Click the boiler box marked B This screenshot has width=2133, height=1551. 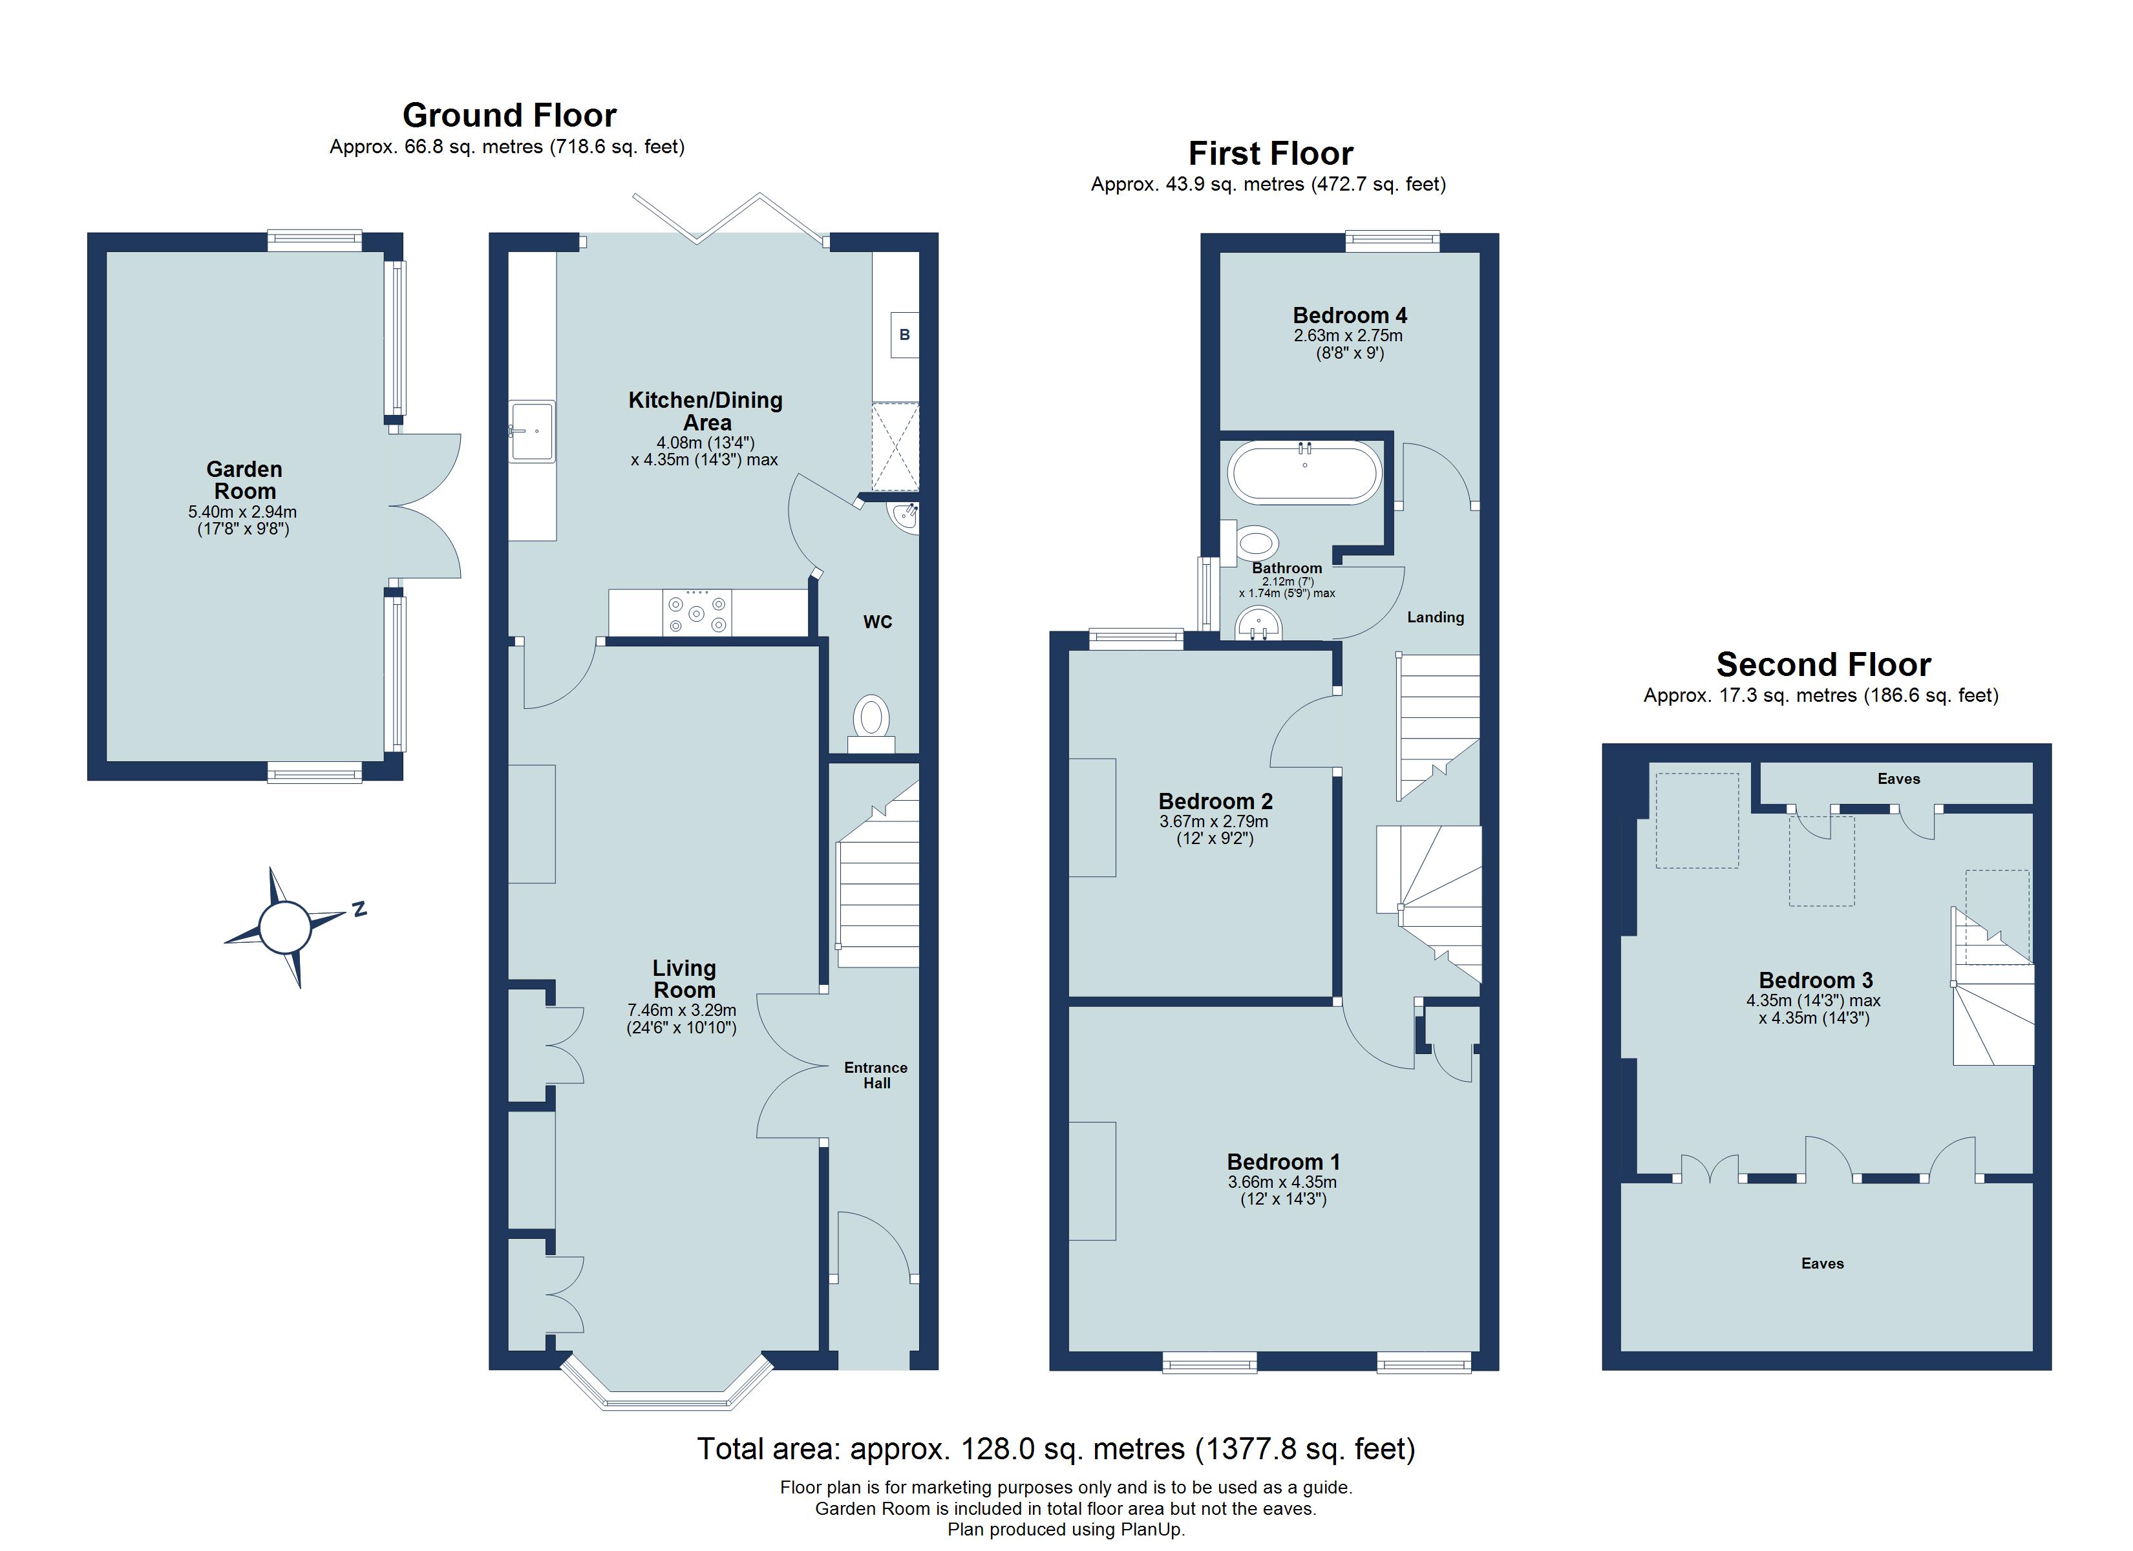pyautogui.click(x=904, y=335)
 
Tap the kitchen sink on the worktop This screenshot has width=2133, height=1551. pyautogui.click(x=533, y=432)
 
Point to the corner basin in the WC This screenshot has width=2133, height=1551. pyautogui.click(x=906, y=516)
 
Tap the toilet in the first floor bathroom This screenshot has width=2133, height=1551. pyautogui.click(x=1257, y=543)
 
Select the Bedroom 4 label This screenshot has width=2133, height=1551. pyautogui.click(x=1349, y=316)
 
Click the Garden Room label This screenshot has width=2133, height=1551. pyautogui.click(x=244, y=480)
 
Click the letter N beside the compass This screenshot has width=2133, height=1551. pyautogui.click(x=358, y=909)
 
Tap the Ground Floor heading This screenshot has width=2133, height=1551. pyautogui.click(x=509, y=116)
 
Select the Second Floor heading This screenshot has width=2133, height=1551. pyautogui.click(x=1823, y=665)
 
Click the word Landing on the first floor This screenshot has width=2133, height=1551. pyautogui.click(x=1434, y=618)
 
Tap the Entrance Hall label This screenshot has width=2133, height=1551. pyautogui.click(x=876, y=1075)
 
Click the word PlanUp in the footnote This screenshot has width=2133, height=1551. pyautogui.click(x=1152, y=1530)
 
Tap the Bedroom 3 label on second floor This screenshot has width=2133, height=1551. pyautogui.click(x=1815, y=980)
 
